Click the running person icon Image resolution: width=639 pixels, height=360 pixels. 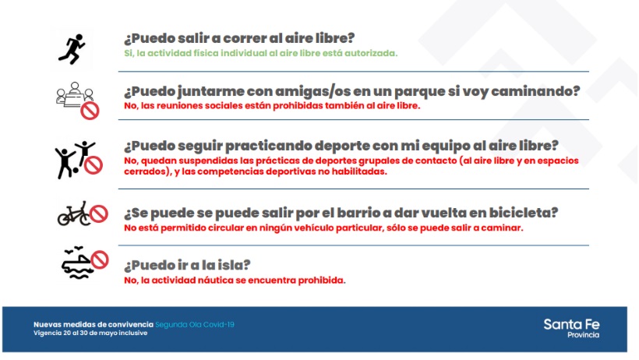pyautogui.click(x=72, y=49)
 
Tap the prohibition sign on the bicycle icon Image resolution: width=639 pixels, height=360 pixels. pyautogui.click(x=99, y=214)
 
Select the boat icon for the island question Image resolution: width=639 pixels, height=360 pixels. pyautogui.click(x=76, y=263)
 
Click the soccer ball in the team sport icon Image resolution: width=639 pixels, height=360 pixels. pyautogui.click(x=75, y=170)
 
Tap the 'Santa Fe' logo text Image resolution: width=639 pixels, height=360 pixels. pyautogui.click(x=571, y=324)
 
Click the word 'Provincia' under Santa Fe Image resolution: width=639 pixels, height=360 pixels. pyautogui.click(x=584, y=335)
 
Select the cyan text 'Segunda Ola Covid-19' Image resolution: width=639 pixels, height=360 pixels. pyautogui.click(x=195, y=325)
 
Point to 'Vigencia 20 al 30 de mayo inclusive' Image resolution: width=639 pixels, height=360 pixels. pyautogui.click(x=90, y=333)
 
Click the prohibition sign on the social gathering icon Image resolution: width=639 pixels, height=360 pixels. pyautogui.click(x=90, y=111)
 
